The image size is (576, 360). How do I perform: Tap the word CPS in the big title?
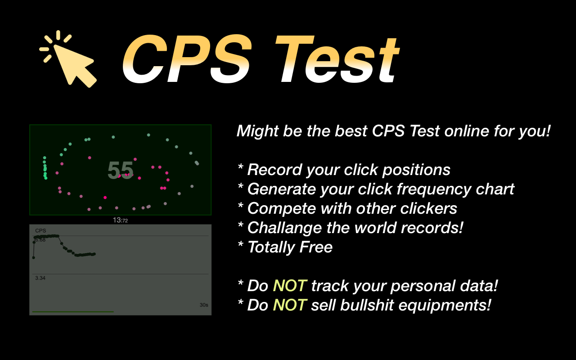[187, 59]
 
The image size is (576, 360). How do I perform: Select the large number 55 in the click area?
[120, 170]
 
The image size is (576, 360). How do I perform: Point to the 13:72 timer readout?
[120, 220]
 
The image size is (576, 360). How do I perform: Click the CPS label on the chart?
[40, 231]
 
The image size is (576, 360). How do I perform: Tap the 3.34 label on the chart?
[40, 278]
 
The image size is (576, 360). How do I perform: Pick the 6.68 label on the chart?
[40, 240]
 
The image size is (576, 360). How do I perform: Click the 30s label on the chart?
[204, 305]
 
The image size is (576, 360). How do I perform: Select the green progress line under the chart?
[73, 312]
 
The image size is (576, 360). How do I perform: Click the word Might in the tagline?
[257, 131]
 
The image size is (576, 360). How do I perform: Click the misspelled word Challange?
[284, 228]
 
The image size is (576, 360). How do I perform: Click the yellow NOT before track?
[289, 286]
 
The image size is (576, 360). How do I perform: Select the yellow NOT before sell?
[289, 305]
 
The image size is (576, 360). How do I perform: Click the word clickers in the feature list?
[428, 208]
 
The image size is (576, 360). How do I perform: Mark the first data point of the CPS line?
[34, 257]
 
